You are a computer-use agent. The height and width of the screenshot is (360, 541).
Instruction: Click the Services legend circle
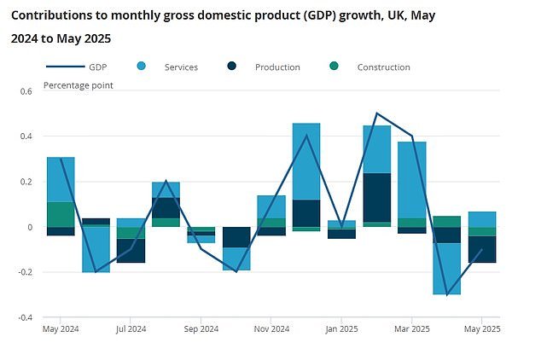pyautogui.click(x=141, y=67)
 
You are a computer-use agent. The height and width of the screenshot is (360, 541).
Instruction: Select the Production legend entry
pyautogui.click(x=276, y=67)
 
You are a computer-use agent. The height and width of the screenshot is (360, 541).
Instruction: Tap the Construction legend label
pyautogui.click(x=383, y=67)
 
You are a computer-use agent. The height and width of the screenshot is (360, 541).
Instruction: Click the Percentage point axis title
pyautogui.click(x=78, y=85)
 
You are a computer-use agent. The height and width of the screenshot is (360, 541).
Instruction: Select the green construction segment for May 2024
pyautogui.click(x=61, y=214)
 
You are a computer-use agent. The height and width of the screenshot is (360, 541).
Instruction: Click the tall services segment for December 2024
pyautogui.click(x=306, y=161)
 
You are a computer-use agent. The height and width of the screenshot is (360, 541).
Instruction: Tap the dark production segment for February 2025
pyautogui.click(x=376, y=197)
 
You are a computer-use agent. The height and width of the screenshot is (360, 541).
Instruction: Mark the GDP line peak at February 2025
pyautogui.click(x=376, y=113)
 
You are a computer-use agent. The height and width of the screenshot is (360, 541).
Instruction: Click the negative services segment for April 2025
pyautogui.click(x=447, y=269)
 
